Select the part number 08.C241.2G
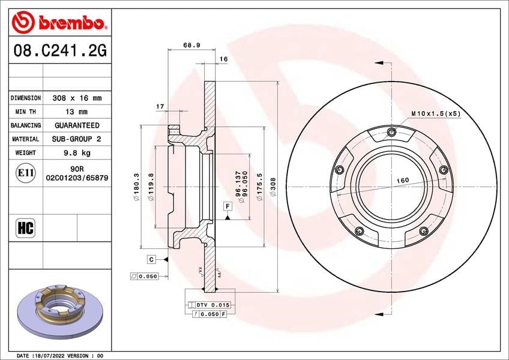pyautogui.click(x=60, y=50)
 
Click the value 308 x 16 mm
pyautogui.click(x=77, y=98)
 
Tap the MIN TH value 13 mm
pyautogui.click(x=76, y=112)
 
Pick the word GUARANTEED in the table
pyautogui.click(x=77, y=125)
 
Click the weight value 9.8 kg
pyautogui.click(x=77, y=152)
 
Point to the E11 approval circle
pyautogui.click(x=26, y=173)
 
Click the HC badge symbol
pyautogui.click(x=26, y=228)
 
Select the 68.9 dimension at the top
pyautogui.click(x=191, y=45)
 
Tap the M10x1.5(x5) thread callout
pyautogui.click(x=436, y=113)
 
